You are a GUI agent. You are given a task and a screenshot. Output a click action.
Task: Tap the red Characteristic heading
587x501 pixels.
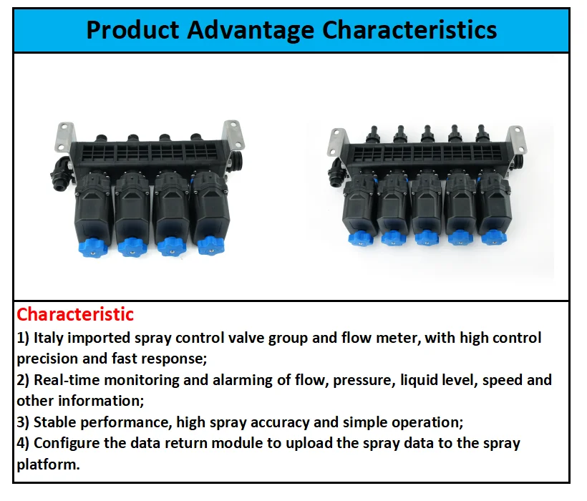click(75, 314)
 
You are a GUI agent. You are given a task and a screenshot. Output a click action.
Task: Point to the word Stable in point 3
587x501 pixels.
click(54, 422)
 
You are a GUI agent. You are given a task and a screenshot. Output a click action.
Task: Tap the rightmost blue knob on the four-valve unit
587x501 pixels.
click(210, 245)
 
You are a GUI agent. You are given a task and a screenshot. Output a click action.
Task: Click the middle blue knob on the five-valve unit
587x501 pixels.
click(426, 236)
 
